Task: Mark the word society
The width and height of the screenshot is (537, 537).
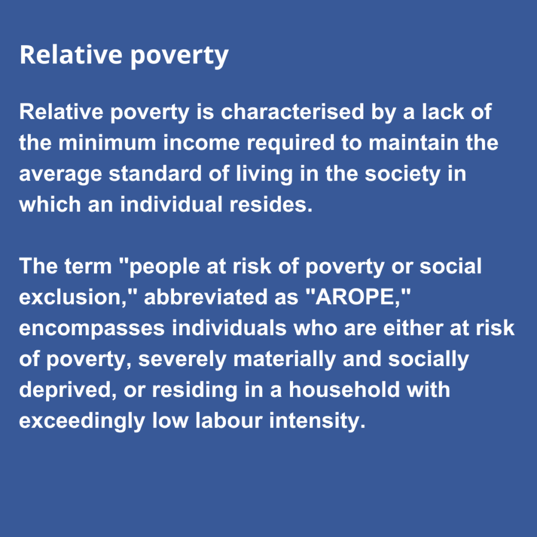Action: tap(400, 174)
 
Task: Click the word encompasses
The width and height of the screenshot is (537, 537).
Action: tap(82, 329)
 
